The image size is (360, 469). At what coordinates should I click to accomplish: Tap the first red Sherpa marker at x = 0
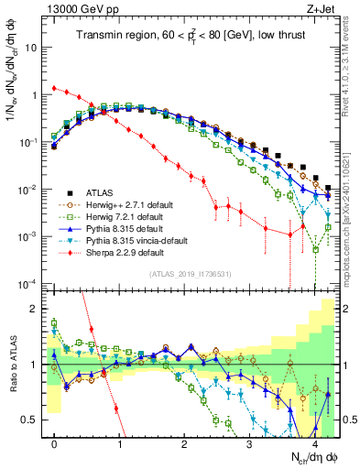(55, 89)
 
